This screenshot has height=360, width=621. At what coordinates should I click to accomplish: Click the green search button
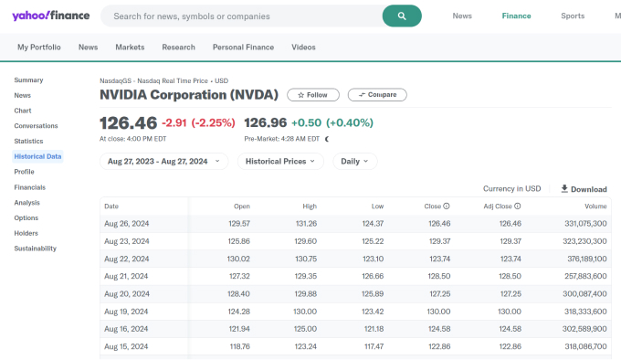402,16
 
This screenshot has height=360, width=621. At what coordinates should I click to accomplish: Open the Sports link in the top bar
573,16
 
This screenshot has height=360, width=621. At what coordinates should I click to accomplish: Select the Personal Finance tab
242,47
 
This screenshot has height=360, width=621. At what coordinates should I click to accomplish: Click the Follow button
313,94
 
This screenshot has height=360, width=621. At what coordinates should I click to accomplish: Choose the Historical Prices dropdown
280,161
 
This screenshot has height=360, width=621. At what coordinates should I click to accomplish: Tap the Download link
584,189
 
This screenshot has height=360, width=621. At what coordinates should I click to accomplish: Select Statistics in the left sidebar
28,141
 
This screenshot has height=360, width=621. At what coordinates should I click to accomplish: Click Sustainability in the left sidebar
35,249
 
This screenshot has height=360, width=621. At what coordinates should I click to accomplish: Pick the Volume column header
595,206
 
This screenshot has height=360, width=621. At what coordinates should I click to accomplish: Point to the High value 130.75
306,259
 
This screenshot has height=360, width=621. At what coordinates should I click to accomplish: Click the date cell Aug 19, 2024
127,311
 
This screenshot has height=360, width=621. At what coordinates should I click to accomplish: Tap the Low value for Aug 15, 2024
373,346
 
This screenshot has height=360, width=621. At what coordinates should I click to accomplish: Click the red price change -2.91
175,123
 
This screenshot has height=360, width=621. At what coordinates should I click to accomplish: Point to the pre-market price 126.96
266,123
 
